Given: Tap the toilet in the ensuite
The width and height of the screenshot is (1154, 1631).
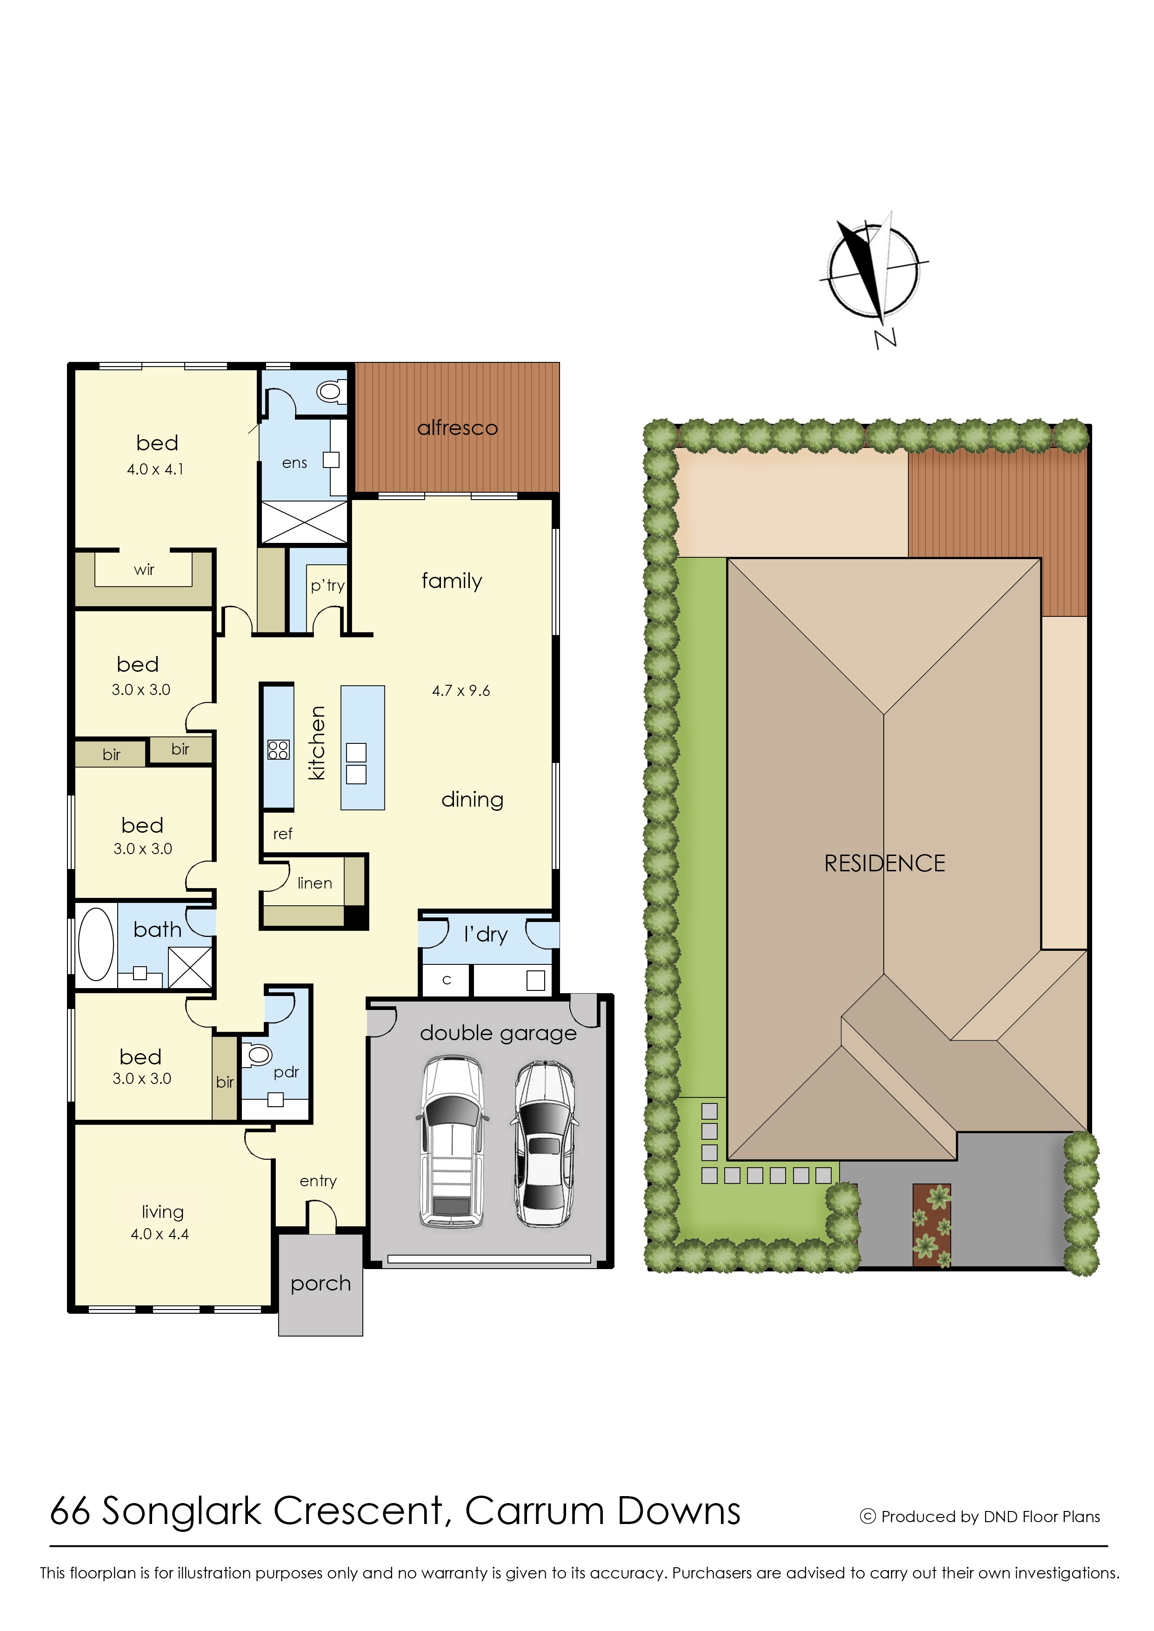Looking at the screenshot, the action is [332, 391].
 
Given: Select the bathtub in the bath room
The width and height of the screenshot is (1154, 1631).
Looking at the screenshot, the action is [96, 946].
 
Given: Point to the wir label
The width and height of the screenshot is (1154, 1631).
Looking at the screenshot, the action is [144, 569].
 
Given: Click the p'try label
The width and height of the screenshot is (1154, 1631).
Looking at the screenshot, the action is [327, 586].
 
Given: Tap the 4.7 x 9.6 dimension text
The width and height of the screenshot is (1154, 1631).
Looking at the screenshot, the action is [461, 691].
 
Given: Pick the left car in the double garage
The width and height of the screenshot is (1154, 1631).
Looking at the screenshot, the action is [452, 1142].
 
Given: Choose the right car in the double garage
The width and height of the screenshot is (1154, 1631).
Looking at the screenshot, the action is [544, 1144].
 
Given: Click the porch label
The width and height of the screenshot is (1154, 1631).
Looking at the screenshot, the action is [320, 1284].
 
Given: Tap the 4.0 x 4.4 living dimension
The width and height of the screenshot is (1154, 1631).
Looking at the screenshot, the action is [160, 1235].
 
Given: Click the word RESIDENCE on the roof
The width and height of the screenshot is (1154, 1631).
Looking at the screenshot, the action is [885, 863].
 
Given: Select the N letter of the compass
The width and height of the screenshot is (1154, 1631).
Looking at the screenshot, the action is [886, 339].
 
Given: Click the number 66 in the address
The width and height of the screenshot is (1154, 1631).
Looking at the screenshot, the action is [70, 1511].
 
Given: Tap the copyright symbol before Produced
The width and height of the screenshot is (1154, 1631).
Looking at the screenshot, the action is [867, 1517].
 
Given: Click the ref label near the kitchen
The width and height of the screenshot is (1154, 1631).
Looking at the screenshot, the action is [283, 834].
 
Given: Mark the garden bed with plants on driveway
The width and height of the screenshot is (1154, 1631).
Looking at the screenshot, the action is [932, 1225].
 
